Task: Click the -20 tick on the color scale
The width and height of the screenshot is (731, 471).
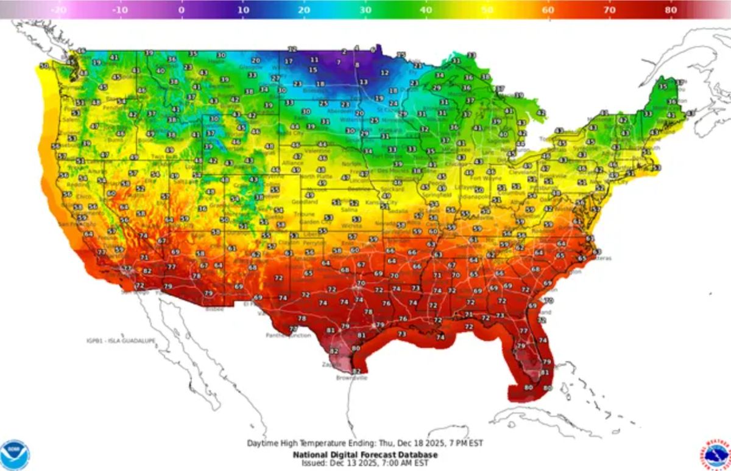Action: click(x=59, y=10)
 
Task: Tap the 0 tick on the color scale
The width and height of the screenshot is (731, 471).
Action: click(x=181, y=10)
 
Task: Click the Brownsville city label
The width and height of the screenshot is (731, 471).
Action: click(x=352, y=378)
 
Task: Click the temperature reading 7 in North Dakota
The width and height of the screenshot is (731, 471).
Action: click(x=338, y=62)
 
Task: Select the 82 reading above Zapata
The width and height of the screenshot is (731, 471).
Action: click(x=334, y=351)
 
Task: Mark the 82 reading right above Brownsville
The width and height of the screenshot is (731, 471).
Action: click(x=356, y=371)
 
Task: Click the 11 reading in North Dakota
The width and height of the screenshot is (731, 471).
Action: click(x=314, y=60)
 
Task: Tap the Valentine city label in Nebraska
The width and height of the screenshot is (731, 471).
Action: click(x=317, y=150)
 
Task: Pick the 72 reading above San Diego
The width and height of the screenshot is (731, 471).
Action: click(x=139, y=285)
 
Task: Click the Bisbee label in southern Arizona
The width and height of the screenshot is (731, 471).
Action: click(x=214, y=309)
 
